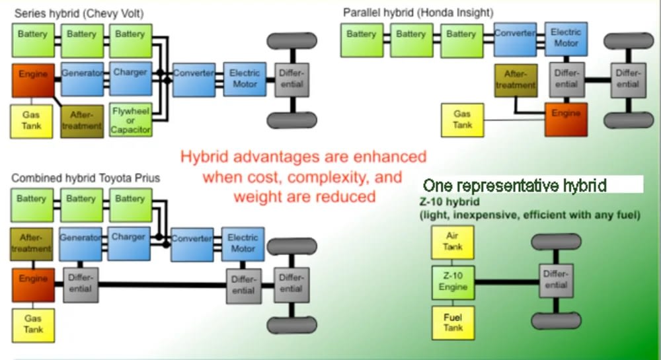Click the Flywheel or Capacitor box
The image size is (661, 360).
coord(131,120)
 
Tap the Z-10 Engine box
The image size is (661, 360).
coord(453,282)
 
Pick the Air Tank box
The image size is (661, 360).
coord(452,242)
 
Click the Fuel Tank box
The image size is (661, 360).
coord(453,323)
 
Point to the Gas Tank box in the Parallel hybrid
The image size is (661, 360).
coord(463,120)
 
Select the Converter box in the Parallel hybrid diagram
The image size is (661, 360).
coord(515,40)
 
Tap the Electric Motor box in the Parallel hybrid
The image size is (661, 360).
coord(566,39)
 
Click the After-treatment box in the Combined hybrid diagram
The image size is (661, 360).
coord(32,244)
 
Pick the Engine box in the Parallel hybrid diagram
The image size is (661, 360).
coord(566,120)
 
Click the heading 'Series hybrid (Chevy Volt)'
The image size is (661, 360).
coord(79,13)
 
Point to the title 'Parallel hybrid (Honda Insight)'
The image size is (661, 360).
coord(418,13)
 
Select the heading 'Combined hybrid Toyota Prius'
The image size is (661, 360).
coord(85,178)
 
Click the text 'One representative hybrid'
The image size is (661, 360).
coord(515,185)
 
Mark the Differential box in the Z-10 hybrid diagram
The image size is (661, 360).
coord(556,281)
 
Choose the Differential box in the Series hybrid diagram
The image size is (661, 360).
coord(292,80)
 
